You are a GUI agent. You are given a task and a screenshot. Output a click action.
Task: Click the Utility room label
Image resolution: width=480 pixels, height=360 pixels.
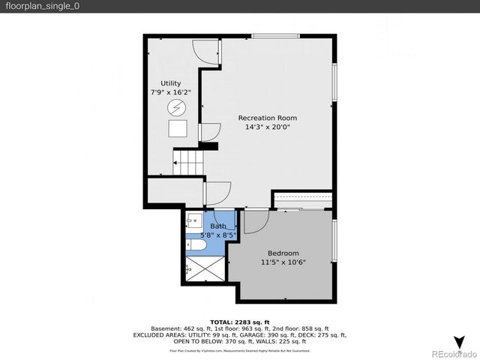coord(170,83)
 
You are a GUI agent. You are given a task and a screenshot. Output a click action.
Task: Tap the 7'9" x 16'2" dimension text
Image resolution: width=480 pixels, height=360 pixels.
coord(170,92)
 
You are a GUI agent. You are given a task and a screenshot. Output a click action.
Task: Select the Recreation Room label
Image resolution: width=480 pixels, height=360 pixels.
coord(267,118)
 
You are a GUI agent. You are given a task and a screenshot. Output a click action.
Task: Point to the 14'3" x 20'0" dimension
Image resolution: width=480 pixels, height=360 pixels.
coord(267,127)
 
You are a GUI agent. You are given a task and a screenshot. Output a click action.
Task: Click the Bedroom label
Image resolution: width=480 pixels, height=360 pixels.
coord(283,253)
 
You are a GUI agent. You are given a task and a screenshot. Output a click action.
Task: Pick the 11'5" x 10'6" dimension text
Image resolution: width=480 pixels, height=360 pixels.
coord(283,262)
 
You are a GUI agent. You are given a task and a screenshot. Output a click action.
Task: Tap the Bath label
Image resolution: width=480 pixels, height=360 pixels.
coord(218,226)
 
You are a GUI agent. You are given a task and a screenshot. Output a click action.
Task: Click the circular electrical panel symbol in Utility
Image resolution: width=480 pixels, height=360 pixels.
coord(178,108)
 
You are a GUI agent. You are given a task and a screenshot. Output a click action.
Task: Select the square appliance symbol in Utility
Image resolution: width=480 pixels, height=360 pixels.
coord(178,129)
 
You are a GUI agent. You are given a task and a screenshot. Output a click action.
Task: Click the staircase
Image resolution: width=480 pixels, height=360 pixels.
coord(189,162)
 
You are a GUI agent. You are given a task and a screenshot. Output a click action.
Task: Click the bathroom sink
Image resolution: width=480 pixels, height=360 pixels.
coord(193,220)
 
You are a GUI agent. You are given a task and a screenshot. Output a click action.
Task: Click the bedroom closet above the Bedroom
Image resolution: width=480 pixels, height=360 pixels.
coord(301,200)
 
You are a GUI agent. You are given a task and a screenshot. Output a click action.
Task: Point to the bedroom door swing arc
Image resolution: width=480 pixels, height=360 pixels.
coord(255,221)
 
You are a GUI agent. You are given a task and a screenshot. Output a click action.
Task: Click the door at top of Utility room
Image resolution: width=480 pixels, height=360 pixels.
coord(205,51)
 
